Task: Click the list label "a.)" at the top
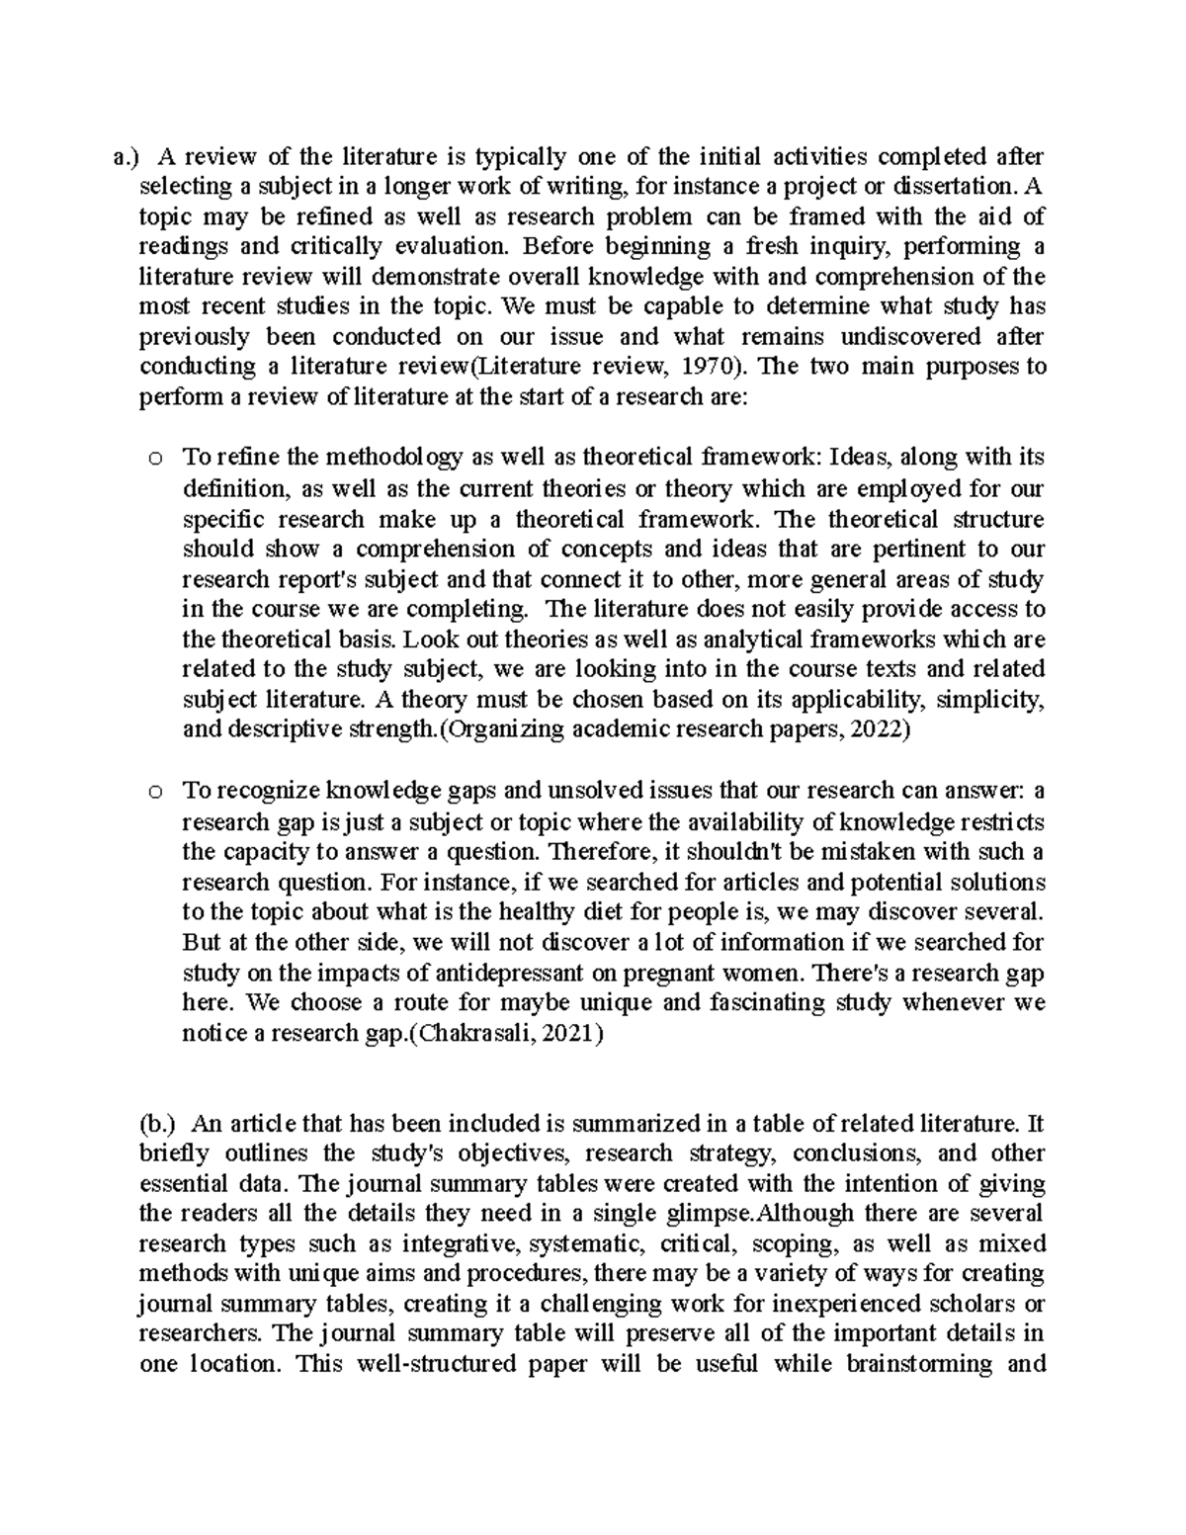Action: (x=127, y=156)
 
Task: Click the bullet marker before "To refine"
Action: (x=155, y=458)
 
